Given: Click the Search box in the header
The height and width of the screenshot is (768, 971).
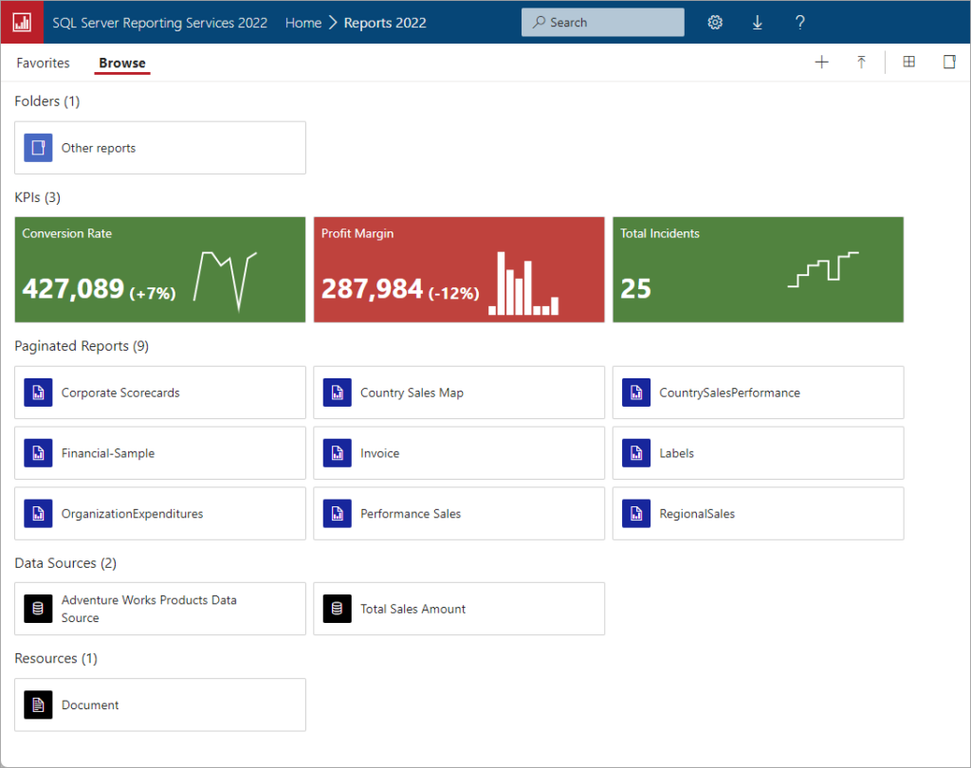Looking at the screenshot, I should pyautogui.click(x=602, y=23).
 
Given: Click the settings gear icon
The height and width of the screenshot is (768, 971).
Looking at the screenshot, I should pyautogui.click(x=715, y=23).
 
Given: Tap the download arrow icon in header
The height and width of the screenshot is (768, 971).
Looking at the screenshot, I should pyautogui.click(x=758, y=23).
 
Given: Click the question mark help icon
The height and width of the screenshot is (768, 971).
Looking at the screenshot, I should pyautogui.click(x=800, y=23).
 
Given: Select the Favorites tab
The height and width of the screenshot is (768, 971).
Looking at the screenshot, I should pyautogui.click(x=43, y=64).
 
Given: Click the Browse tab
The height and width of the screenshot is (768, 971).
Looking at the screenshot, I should pyautogui.click(x=122, y=64).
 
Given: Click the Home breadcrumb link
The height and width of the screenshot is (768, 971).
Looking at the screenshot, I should pyautogui.click(x=303, y=23).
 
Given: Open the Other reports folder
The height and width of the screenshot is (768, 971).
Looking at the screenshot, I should pyautogui.click(x=98, y=148).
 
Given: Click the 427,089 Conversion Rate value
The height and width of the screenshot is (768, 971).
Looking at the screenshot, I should pyautogui.click(x=73, y=288).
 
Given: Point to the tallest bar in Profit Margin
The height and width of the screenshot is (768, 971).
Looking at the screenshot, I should pyautogui.click(x=499, y=283).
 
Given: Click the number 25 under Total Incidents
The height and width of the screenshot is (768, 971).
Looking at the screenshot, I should pyautogui.click(x=635, y=288).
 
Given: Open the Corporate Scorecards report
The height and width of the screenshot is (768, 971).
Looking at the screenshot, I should pyautogui.click(x=120, y=393).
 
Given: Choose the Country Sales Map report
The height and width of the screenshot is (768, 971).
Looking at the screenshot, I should pyautogui.click(x=412, y=393).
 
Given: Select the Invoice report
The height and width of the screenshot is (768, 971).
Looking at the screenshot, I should pyautogui.click(x=379, y=453).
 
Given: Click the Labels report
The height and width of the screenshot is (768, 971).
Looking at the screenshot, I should pyautogui.click(x=677, y=453).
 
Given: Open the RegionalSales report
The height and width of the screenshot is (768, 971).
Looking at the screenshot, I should pyautogui.click(x=697, y=514).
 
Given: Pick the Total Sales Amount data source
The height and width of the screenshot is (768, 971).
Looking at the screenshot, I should pyautogui.click(x=412, y=609).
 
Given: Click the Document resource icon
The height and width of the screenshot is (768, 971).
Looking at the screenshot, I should pyautogui.click(x=38, y=704).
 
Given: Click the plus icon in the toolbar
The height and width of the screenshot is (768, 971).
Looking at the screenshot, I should pyautogui.click(x=822, y=63).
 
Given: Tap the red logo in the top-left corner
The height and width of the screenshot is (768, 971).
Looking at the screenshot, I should pyautogui.click(x=22, y=22).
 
